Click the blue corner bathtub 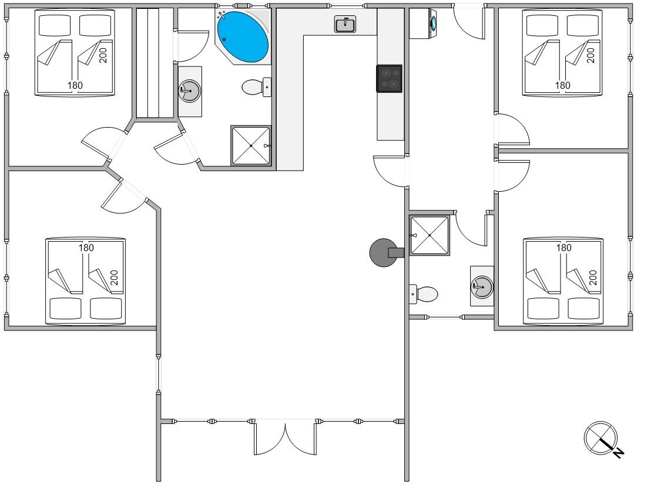tap(243, 37)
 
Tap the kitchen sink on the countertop tap(345, 24)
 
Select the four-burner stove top tap(389, 79)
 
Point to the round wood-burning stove tap(384, 253)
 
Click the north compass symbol tap(600, 438)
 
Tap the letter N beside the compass tap(619, 452)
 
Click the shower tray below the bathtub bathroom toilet tap(251, 145)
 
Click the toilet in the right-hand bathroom tap(424, 294)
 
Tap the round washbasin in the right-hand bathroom tap(482, 286)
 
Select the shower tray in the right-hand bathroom tap(429, 235)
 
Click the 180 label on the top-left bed tap(75, 85)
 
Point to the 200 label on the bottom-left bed tap(115, 278)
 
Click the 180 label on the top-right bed tap(562, 85)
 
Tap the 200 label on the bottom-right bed tap(592, 278)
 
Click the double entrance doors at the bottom tap(285, 438)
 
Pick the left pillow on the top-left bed tap(55, 25)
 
